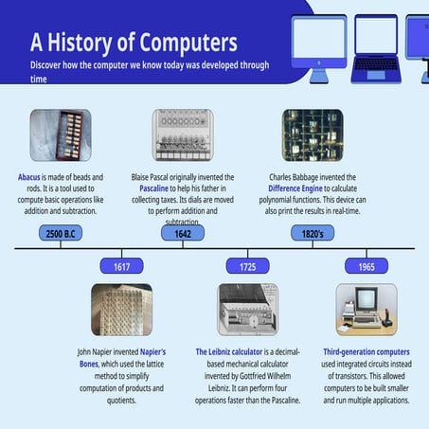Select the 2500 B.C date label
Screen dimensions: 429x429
click(61, 233)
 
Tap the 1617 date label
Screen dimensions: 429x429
click(122, 266)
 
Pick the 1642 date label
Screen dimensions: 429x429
click(183, 233)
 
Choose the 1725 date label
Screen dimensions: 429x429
click(247, 266)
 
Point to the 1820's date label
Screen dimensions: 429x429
click(312, 233)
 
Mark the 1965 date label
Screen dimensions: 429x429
click(366, 266)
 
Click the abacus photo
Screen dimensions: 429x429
click(61, 134)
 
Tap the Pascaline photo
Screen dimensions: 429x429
click(183, 134)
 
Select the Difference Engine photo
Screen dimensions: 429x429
click(312, 134)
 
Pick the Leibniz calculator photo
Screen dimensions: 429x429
click(247, 309)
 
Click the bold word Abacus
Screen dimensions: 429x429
click(28, 177)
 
